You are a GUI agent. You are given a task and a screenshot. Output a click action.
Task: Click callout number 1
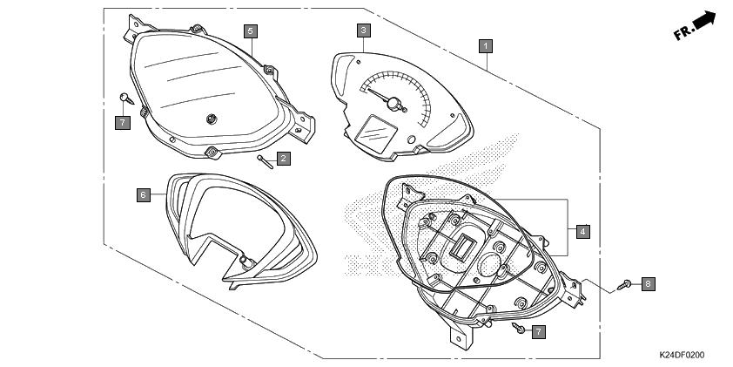(x=486, y=46)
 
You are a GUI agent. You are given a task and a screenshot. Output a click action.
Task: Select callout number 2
(x=283, y=159)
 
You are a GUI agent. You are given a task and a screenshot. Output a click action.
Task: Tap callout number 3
(x=364, y=31)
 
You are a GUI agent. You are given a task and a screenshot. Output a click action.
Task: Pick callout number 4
(x=583, y=231)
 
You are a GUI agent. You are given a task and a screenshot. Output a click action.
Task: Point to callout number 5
(x=251, y=31)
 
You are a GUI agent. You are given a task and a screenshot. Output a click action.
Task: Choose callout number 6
(x=144, y=195)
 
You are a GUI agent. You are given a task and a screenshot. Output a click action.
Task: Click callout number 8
(x=648, y=283)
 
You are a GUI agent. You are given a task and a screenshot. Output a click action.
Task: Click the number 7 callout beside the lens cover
(x=123, y=123)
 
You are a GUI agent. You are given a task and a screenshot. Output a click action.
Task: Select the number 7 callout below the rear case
(x=539, y=332)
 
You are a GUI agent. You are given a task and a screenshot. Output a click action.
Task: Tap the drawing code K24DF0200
(x=682, y=356)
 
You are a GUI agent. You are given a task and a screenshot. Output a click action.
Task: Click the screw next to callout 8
(x=624, y=284)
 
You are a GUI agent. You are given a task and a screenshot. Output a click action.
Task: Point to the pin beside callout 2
(x=265, y=162)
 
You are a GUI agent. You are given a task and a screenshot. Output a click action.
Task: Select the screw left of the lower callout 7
(x=519, y=328)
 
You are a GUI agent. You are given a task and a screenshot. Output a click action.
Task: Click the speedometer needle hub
(x=394, y=104)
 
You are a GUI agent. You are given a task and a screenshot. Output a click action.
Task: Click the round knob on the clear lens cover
(x=212, y=119)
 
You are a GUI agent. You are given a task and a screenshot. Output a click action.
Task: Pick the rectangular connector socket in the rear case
(x=462, y=245)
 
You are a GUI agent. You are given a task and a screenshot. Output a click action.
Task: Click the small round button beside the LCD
(x=412, y=139)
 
